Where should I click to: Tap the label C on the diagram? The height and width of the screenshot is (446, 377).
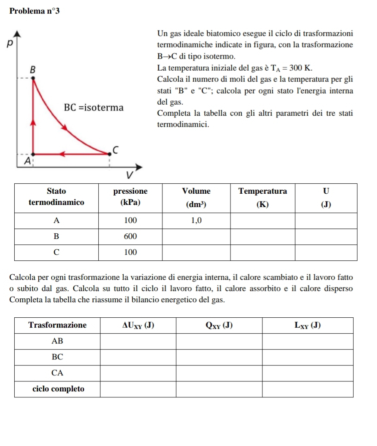tap(115, 149)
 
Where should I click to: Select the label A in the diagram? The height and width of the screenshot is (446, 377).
tap(28, 161)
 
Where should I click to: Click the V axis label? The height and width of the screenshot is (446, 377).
tap(128, 176)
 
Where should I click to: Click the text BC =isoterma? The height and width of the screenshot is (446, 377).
tap(93, 107)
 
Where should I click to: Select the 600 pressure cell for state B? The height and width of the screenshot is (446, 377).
tap(130, 236)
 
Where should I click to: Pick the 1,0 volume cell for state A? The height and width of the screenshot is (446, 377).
tap(196, 220)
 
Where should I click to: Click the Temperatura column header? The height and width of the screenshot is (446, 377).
tap(262, 191)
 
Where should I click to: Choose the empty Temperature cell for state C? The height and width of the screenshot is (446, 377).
tap(262, 252)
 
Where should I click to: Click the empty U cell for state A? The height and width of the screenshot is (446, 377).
tap(326, 220)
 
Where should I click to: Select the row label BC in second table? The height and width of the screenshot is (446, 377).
tap(57, 357)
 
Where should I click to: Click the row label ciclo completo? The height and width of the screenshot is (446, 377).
tap(57, 389)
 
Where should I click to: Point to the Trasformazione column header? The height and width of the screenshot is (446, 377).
tap(57, 325)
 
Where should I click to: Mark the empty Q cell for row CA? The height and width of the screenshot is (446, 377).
tap(219, 373)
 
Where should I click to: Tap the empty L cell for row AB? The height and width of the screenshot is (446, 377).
tap(308, 341)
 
